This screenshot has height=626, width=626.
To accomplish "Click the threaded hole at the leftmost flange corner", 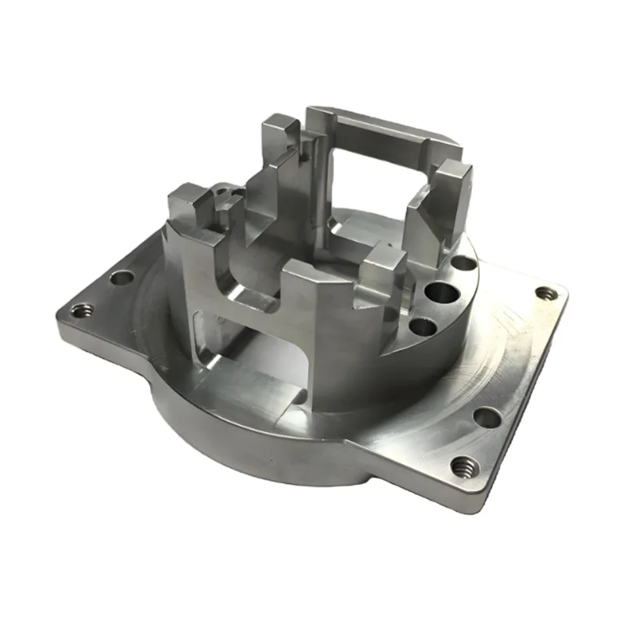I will [81, 310].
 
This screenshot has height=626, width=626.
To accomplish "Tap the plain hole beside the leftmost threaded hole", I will [122, 277].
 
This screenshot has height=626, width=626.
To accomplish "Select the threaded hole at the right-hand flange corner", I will [547, 293].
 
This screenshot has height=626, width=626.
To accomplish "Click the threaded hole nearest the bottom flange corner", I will [462, 468].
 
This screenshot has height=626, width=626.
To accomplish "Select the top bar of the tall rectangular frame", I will [383, 124].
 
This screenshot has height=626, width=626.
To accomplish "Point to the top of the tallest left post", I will [279, 125].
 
